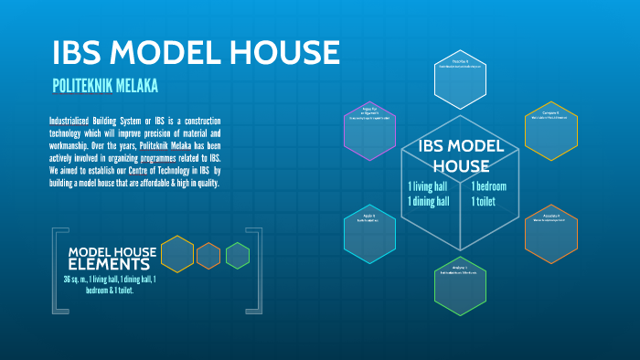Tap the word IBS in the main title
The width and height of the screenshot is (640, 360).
(83, 52)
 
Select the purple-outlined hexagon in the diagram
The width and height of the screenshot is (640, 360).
(369, 128)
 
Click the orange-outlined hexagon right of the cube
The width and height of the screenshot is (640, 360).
(551, 233)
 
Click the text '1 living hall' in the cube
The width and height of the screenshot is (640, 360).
(428, 186)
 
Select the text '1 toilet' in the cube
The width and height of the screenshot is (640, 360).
(484, 201)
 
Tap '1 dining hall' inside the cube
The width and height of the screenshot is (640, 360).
(428, 201)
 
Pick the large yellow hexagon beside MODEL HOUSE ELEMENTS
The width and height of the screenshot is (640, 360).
(176, 254)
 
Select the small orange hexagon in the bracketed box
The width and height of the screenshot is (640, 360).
(208, 256)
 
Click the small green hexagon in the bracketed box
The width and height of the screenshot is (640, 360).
(238, 256)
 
